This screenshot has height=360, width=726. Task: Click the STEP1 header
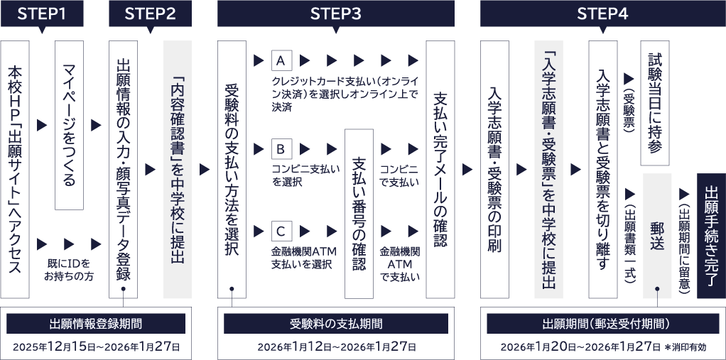(x=42, y=14)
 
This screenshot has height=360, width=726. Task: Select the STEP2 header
(x=150, y=14)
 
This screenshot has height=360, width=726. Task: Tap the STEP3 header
(x=336, y=14)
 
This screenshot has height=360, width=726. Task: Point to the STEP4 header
(x=602, y=14)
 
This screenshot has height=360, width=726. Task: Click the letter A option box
(x=281, y=60)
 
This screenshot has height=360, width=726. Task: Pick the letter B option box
(x=281, y=149)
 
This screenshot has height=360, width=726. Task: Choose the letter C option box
(x=281, y=231)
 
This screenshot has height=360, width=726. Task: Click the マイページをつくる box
(x=69, y=125)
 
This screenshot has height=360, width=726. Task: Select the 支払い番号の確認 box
(x=359, y=214)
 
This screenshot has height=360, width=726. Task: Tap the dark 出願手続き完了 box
(x=711, y=236)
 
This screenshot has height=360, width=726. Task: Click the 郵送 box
(x=657, y=236)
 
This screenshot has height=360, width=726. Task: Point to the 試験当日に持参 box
(x=655, y=103)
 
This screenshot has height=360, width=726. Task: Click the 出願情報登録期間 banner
(x=96, y=324)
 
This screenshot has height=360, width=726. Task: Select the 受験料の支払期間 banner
(x=336, y=324)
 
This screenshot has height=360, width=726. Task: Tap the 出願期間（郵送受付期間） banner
(x=602, y=324)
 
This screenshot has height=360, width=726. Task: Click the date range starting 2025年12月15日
(x=96, y=347)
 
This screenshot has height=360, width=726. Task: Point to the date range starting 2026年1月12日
(x=336, y=347)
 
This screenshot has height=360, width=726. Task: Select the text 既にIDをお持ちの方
(x=69, y=271)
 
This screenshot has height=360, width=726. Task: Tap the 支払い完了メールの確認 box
(x=440, y=170)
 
